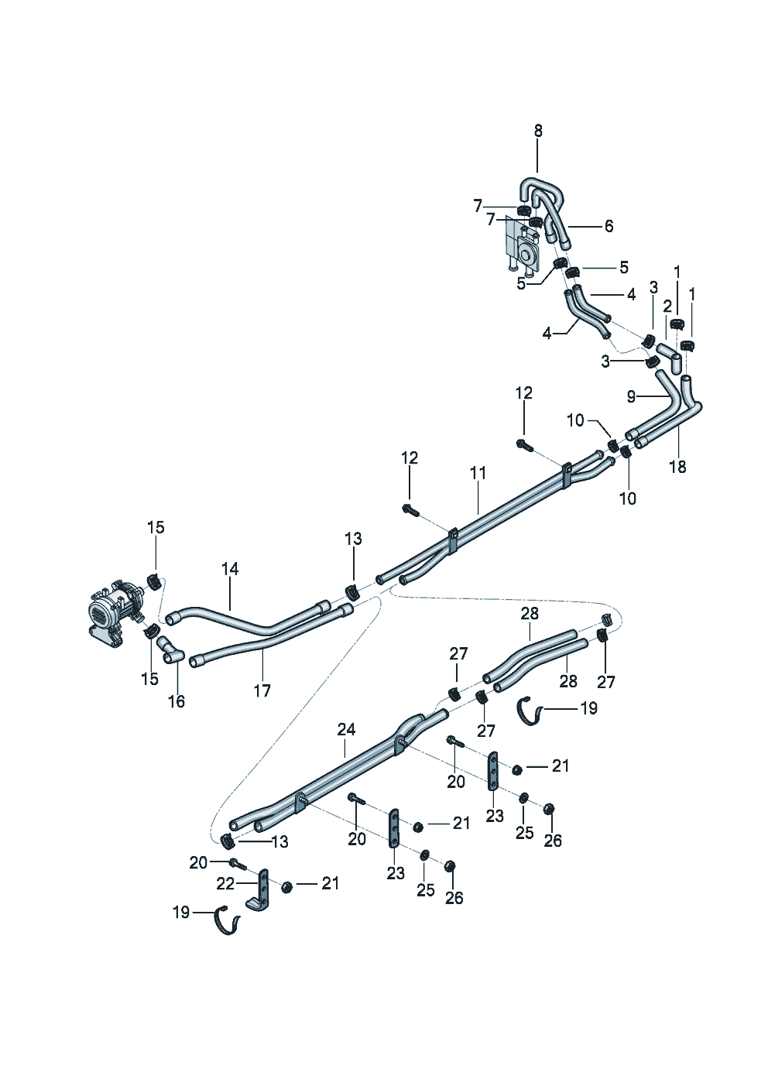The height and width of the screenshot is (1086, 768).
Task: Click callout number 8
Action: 538,131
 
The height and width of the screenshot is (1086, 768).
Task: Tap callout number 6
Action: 609,226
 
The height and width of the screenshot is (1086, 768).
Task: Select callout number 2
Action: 667,306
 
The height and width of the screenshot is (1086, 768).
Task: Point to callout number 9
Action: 632,396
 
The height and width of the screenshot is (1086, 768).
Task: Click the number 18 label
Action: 677,467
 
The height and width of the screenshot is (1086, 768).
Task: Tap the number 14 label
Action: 230,569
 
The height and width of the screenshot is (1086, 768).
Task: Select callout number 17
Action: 262,690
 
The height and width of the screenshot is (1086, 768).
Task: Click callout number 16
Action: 177,701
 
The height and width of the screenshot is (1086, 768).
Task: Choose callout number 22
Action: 225,883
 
